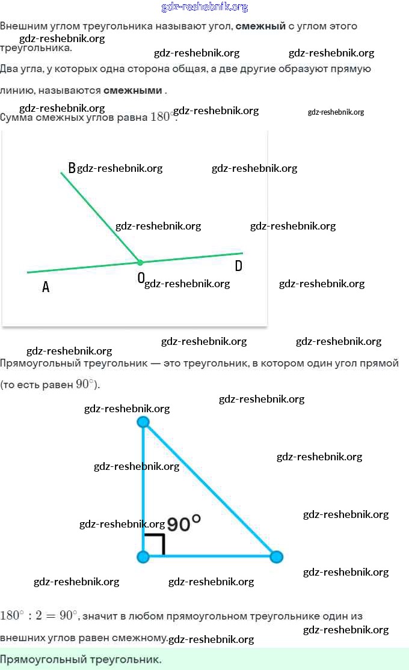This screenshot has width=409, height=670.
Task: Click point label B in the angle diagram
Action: pyautogui.click(x=72, y=168)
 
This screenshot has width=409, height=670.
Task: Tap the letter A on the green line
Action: pyautogui.click(x=46, y=287)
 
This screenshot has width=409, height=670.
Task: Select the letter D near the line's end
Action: pyautogui.click(x=238, y=266)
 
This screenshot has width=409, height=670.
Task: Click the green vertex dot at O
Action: pyautogui.click(x=140, y=262)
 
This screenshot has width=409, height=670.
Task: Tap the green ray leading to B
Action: pyautogui.click(x=100, y=217)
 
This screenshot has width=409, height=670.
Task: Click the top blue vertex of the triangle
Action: pyautogui.click(x=143, y=422)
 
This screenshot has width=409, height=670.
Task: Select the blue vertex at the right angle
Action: pyautogui.click(x=143, y=556)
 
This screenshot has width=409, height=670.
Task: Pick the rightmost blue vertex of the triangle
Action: pyautogui.click(x=276, y=556)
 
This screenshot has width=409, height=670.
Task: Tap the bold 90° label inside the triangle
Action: pyautogui.click(x=183, y=523)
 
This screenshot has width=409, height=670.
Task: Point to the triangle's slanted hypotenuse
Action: pyautogui.click(x=211, y=490)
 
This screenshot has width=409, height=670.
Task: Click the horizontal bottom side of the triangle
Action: pyautogui.click(x=211, y=556)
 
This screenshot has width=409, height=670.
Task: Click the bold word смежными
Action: pyautogui.click(x=133, y=90)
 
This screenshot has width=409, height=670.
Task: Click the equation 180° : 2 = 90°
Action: pyautogui.click(x=38, y=615)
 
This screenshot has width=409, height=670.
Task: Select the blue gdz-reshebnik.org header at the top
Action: pyautogui.click(x=204, y=7)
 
